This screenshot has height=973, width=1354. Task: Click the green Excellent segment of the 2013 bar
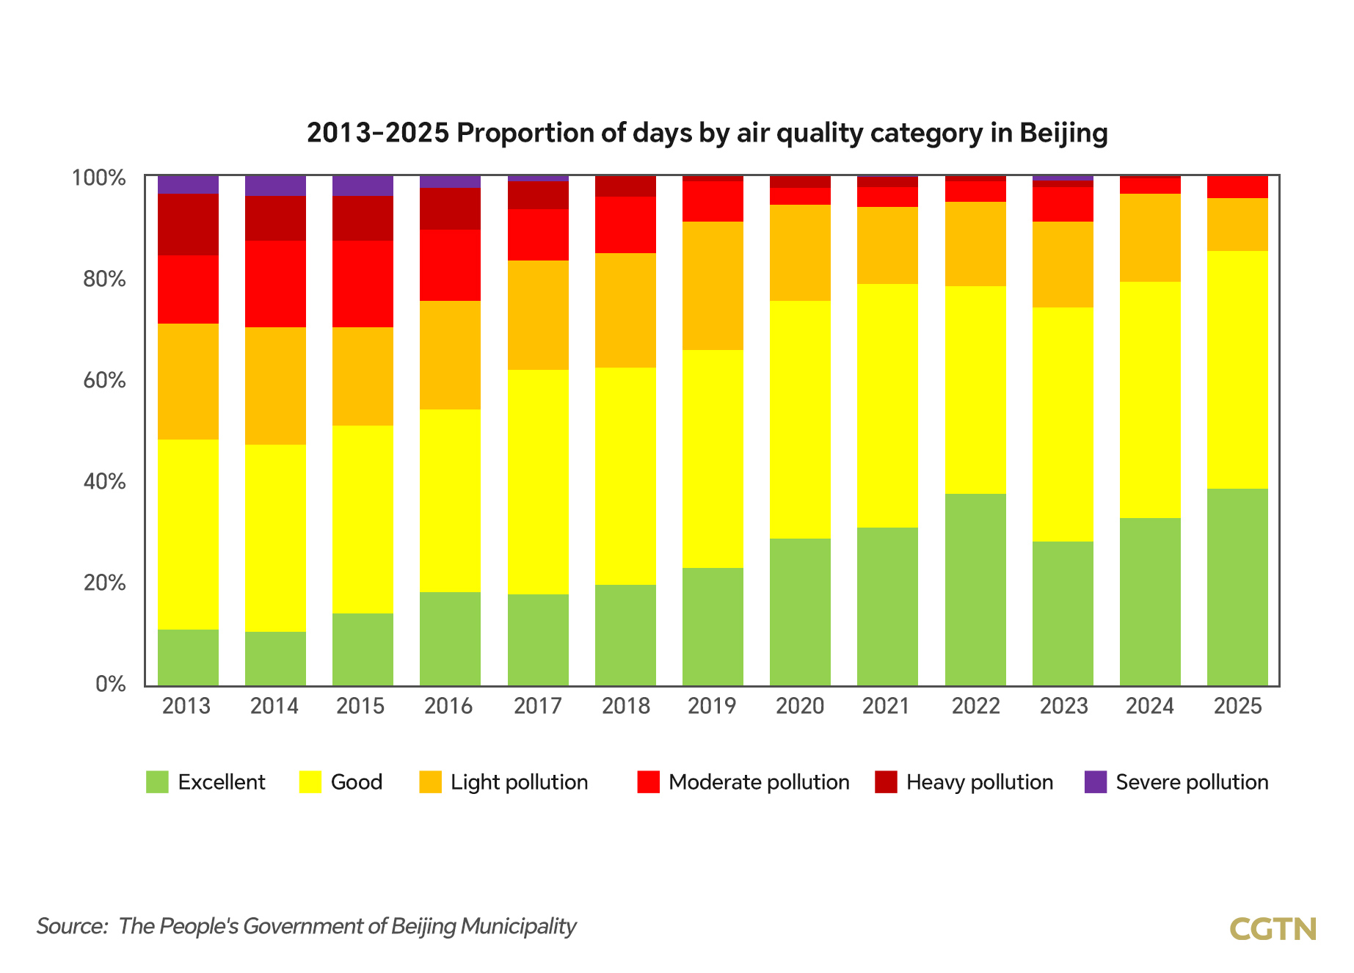188,657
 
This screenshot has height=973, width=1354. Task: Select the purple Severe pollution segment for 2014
275,186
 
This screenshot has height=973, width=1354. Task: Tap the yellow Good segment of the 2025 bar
1237,370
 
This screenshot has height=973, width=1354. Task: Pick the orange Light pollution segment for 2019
713,285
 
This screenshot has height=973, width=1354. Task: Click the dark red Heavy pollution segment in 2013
188,225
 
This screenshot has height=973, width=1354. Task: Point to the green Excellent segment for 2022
975,590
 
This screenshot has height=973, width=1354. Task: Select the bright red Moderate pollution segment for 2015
363,284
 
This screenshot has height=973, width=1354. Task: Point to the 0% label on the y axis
110,684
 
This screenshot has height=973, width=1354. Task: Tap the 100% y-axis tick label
98,178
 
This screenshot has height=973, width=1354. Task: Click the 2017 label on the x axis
537,706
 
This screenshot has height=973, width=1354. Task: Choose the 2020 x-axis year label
800,706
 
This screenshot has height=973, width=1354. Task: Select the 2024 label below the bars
1150,706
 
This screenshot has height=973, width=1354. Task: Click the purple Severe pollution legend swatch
1095,782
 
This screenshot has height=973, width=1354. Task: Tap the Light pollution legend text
519,782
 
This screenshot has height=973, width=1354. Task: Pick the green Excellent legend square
157,782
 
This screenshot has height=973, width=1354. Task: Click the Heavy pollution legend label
979,782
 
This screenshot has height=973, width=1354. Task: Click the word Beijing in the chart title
1063,134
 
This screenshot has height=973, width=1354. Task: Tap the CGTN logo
1273,929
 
